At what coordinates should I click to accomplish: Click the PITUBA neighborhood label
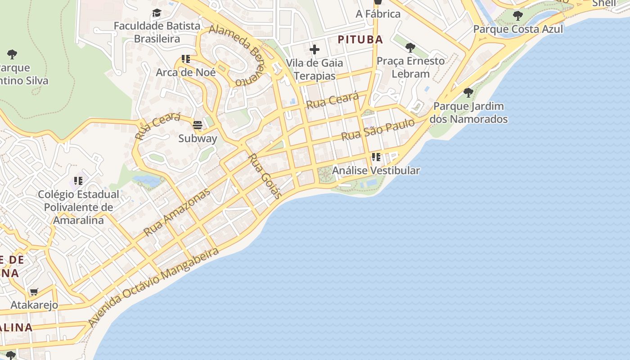pos(360,40)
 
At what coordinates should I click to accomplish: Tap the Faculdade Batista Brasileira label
pos(157,32)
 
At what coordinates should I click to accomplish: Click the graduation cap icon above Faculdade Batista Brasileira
pos(157,13)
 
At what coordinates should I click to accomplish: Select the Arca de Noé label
pos(186,72)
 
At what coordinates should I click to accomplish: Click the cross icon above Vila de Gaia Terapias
pos(315,49)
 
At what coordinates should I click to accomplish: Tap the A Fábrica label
pos(378,14)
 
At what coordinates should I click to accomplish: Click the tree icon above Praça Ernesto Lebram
pos(410,47)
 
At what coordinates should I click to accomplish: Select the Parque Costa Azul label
pos(518,29)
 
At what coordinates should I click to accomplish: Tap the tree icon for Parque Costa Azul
pos(518,16)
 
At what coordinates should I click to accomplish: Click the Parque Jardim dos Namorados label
pos(468,113)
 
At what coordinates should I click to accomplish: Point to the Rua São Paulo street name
pos(378,130)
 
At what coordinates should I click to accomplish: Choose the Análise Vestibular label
pos(376,171)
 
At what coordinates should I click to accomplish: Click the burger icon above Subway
pos(198,125)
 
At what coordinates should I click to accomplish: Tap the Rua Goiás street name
pos(265,176)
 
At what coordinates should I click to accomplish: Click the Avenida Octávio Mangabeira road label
pos(153,287)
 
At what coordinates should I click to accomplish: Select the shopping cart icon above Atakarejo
pos(34,292)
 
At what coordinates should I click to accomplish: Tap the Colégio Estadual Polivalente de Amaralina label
pos(78,207)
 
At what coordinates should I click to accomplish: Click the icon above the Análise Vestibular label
pos(376,157)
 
